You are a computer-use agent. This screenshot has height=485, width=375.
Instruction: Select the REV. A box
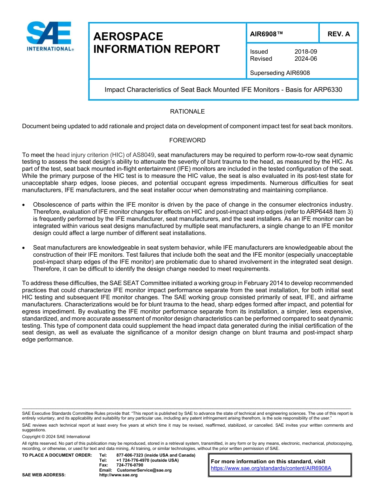tap(338, 34)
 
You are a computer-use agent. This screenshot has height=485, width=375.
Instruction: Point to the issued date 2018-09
tap(306, 52)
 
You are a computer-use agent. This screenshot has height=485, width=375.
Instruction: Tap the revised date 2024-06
tap(306, 59)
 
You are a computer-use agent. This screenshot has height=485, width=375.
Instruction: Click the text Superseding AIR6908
tap(280, 73)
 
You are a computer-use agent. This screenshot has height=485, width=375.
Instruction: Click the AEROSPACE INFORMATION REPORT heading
tap(156, 43)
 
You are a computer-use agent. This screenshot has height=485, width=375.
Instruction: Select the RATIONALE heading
tap(187, 112)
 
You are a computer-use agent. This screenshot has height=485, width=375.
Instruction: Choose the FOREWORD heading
tap(187, 140)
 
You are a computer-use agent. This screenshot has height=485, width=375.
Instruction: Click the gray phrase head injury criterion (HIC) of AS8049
tap(105, 155)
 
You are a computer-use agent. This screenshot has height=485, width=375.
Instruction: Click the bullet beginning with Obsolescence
tap(24, 205)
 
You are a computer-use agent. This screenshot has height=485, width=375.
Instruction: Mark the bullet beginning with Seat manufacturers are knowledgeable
tap(24, 248)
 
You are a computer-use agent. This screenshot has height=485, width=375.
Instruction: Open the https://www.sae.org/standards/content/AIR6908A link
tap(271, 468)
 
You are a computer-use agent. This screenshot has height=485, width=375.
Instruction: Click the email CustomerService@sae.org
tap(144, 470)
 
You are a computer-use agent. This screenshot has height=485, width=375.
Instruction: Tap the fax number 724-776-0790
tap(129, 465)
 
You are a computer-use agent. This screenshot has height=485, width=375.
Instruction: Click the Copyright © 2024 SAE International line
tap(56, 436)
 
